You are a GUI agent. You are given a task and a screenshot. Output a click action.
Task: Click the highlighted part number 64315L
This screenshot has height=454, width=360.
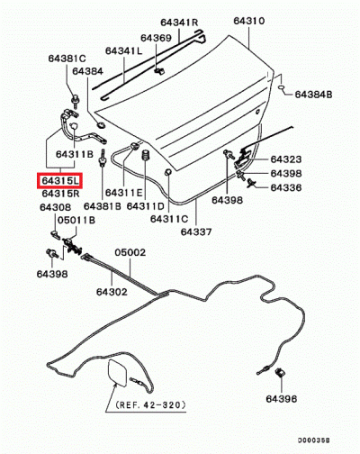pos(59,181)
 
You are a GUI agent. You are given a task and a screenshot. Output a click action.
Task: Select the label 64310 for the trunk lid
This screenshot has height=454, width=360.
pos(249,21)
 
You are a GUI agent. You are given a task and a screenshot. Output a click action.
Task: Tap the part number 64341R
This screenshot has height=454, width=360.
pos(179,23)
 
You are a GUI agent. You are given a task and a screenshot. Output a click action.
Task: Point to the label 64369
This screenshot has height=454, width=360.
pos(156,38)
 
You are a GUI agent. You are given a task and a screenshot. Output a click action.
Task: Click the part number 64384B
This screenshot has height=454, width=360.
pos(313,95)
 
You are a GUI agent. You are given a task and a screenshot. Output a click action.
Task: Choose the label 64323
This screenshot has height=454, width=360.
pos(286,159)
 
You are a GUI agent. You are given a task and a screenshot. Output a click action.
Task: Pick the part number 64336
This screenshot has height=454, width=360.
pos(286,187)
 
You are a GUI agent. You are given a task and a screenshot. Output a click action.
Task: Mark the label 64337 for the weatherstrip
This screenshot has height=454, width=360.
pos(196,232)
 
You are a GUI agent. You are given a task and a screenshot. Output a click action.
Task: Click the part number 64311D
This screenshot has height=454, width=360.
pos(146,206)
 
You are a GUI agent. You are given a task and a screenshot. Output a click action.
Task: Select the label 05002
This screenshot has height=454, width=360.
pos(130,252)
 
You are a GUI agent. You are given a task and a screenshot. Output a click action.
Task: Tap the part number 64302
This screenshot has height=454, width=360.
pos(112,292)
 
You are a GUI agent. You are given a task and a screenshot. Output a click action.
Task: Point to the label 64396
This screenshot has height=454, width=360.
pos(282,399)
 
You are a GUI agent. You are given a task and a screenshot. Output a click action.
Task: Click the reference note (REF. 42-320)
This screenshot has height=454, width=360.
pos(150,405)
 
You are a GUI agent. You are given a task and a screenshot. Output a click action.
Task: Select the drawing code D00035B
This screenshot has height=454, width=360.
pos(313,440)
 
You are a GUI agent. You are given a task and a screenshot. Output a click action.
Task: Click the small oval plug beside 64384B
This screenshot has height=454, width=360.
pos(282,87)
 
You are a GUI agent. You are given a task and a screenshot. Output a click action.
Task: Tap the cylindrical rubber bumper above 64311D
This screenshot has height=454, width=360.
pos(146,155)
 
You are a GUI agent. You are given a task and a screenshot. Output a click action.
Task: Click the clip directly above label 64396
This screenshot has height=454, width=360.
pos(281,373)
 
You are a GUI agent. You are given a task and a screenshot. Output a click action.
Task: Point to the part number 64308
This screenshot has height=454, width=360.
pos(56,207)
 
